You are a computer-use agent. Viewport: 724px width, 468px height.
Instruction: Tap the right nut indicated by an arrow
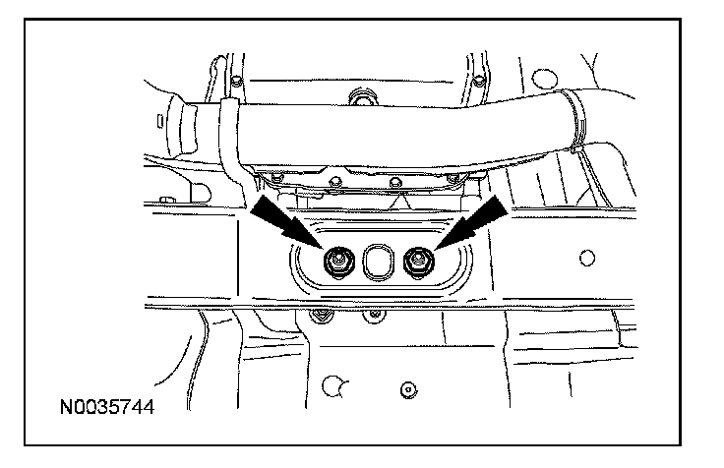pos(417,261)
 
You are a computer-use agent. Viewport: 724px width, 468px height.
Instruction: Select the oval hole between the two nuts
pos(377,262)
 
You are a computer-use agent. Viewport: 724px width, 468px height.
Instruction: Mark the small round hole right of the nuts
pos(587,259)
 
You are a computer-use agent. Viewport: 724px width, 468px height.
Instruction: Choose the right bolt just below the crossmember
pos(373,317)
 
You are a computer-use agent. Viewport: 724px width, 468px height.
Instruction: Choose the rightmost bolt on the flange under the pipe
pos(453,179)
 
